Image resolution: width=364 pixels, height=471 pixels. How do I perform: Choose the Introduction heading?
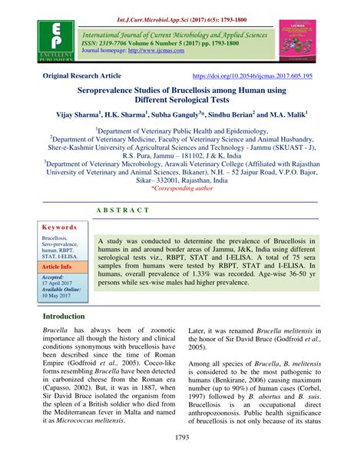point(74,337)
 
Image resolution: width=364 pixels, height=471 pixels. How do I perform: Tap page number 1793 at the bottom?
point(182,459)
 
